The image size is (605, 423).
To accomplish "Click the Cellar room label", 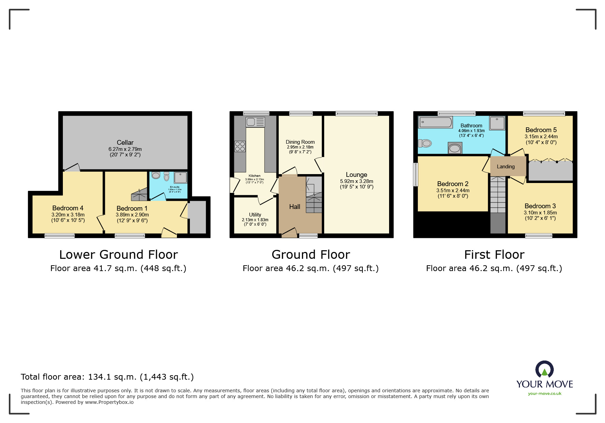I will pyautogui.click(x=125, y=142).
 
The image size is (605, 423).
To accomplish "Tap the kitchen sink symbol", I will pyautogui.click(x=255, y=122).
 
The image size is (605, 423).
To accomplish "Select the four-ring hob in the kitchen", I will pyautogui.click(x=240, y=146).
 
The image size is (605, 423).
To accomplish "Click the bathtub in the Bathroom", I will pyautogui.click(x=436, y=122).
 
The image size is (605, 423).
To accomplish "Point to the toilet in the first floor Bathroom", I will pyautogui.click(x=425, y=143).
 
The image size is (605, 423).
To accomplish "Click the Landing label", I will pyautogui.click(x=506, y=167).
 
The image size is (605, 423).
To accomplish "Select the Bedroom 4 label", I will pyautogui.click(x=68, y=208).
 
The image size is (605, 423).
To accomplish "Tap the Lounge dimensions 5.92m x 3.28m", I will pyautogui.click(x=356, y=181).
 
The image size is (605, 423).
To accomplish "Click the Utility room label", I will pyautogui.click(x=255, y=215).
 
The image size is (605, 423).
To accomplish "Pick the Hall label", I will pyautogui.click(x=294, y=207).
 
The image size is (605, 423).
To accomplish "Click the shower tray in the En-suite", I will pyautogui.click(x=180, y=178).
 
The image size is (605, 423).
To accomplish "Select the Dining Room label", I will pyautogui.click(x=300, y=142).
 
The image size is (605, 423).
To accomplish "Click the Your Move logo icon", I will pyautogui.click(x=544, y=370).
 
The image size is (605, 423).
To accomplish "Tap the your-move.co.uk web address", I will pyautogui.click(x=545, y=394).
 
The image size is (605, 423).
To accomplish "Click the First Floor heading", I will pyautogui.click(x=494, y=255).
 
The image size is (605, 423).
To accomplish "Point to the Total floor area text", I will pyautogui.click(x=107, y=377).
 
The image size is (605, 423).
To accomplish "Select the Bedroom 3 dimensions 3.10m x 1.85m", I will pyautogui.click(x=540, y=212).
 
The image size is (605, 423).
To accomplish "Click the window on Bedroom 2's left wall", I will pyautogui.click(x=415, y=174).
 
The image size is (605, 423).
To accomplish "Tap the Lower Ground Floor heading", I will pyautogui.click(x=119, y=255).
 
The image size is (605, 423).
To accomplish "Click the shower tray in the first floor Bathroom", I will pyautogui.click(x=497, y=123).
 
